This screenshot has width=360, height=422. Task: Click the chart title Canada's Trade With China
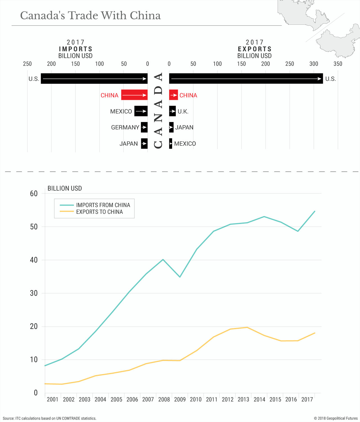(90, 16)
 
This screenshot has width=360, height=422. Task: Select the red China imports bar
(134, 95)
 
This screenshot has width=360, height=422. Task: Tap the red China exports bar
(173, 95)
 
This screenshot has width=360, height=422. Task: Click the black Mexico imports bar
(141, 111)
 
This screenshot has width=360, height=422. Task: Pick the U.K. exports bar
(172, 111)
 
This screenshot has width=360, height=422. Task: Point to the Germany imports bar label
(125, 127)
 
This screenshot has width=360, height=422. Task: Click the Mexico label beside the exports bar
(185, 144)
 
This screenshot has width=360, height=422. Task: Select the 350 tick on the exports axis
(338, 64)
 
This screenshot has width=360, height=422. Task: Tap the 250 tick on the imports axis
(27, 64)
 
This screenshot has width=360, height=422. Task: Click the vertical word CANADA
(158, 111)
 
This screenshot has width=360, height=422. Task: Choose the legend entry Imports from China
(103, 205)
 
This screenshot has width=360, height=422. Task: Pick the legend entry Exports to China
(99, 212)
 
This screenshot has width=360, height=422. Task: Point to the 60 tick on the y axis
(34, 194)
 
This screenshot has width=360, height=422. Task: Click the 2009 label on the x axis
(180, 399)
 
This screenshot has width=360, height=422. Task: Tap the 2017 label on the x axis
(307, 399)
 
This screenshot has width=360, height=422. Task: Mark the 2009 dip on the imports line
(180, 277)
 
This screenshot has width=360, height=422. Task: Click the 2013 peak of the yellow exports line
(247, 327)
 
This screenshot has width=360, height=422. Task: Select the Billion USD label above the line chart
(65, 188)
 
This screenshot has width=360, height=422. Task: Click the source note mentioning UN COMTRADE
(49, 418)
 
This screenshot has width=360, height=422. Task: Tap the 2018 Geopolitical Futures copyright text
(336, 418)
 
